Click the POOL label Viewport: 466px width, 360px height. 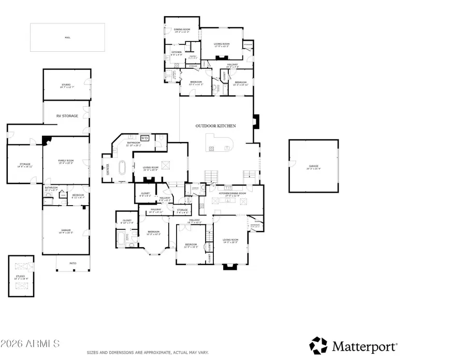(x=67, y=37)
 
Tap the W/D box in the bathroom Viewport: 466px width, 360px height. (x=145, y=138)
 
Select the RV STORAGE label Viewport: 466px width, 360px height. (x=67, y=116)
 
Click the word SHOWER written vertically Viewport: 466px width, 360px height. (x=108, y=170)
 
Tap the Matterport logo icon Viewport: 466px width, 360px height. (x=318, y=345)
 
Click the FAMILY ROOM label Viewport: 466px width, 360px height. (x=66, y=162)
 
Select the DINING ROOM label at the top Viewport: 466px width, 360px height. (x=182, y=30)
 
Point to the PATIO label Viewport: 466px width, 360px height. (x=73, y=264)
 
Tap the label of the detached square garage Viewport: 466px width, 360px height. (x=313, y=167)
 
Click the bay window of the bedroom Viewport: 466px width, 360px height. (x=154, y=250)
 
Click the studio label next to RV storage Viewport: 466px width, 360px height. (x=66, y=86)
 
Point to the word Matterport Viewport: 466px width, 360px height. (x=365, y=345)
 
